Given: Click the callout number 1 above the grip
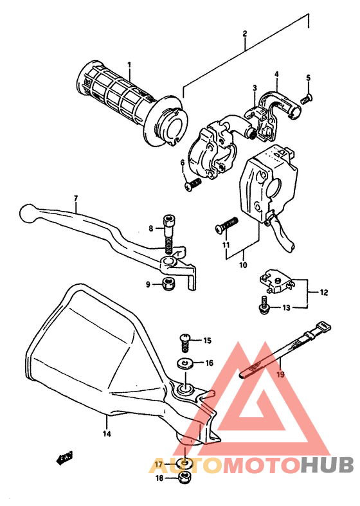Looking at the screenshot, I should coord(129,64).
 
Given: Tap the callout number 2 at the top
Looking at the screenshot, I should coord(245,33).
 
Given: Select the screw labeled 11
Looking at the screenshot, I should coord(226,225).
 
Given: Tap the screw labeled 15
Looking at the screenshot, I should coord(184,341).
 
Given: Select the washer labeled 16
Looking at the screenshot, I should coord(186,364).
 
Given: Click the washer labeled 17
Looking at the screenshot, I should coord(184,464).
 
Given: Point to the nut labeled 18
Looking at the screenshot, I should coord(183,478).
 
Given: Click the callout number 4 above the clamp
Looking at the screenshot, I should coord(276,74).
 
